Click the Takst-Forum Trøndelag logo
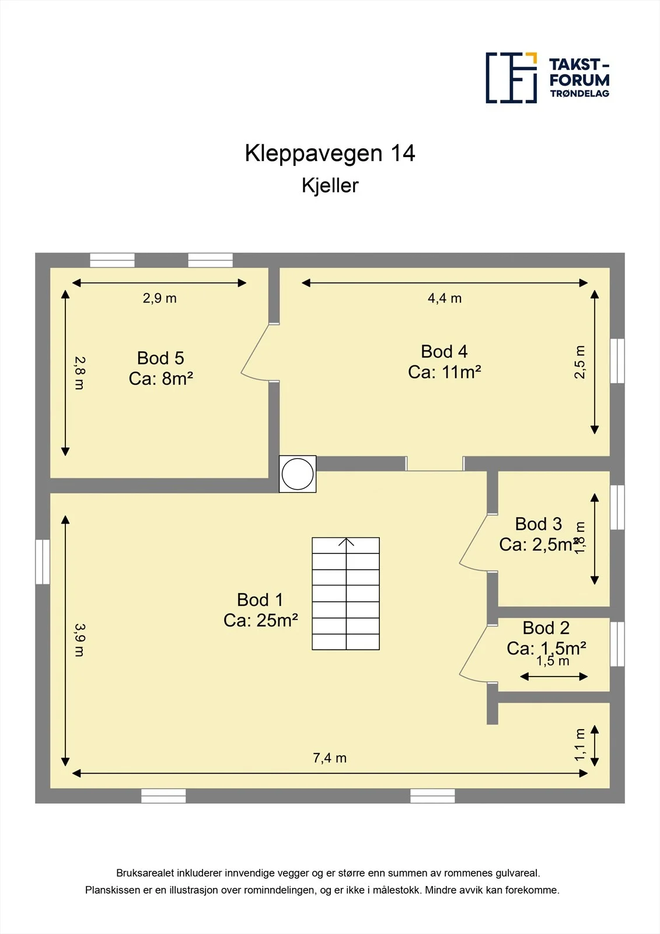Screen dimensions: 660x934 (547, 78)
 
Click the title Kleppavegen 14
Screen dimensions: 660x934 (330, 153)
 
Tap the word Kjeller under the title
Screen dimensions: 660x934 (330, 186)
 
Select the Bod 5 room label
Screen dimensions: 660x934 (160, 358)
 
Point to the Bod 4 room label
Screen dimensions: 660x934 (444, 351)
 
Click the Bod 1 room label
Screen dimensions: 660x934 (260, 600)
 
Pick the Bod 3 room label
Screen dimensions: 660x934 (538, 524)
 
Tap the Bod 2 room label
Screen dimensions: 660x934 (546, 628)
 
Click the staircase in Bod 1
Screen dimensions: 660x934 (345, 594)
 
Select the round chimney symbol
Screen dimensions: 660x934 (297, 473)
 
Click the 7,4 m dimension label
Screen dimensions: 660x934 (330, 758)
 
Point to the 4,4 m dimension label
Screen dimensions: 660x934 (445, 298)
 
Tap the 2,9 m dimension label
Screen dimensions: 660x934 (160, 298)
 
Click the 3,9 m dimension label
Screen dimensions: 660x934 (79, 640)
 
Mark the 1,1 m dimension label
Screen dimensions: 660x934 (580, 745)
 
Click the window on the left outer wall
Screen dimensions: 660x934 (43, 562)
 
